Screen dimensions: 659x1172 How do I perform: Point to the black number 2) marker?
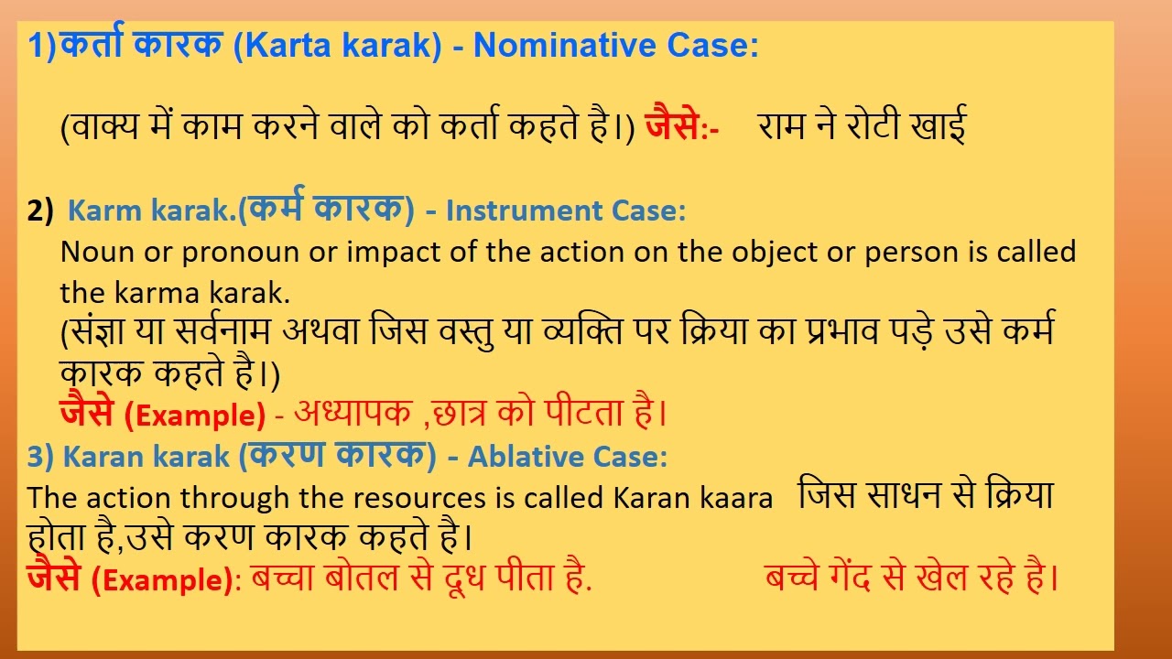41,211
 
